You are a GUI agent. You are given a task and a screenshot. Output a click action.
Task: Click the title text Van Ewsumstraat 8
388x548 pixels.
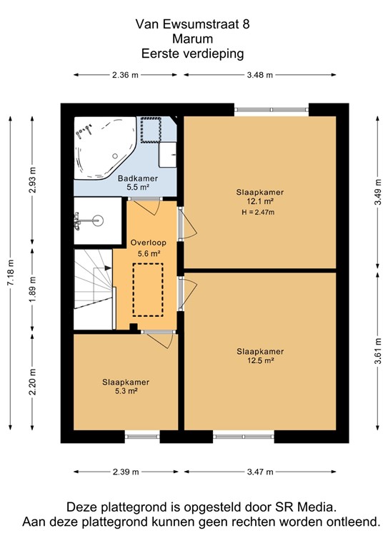pos(193,24)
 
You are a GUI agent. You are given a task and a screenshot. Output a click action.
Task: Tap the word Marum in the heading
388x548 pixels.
pos(193,39)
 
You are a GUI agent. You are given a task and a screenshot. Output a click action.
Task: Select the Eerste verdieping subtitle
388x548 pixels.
pos(193,53)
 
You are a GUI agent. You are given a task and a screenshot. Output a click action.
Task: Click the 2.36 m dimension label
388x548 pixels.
pos(125,75)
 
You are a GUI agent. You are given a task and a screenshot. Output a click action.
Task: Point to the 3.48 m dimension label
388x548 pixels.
pos(259,75)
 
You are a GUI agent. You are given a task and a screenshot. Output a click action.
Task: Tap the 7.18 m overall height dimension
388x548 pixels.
pos(10,272)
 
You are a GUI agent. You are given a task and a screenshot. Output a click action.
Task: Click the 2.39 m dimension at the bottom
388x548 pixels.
pos(126,472)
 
